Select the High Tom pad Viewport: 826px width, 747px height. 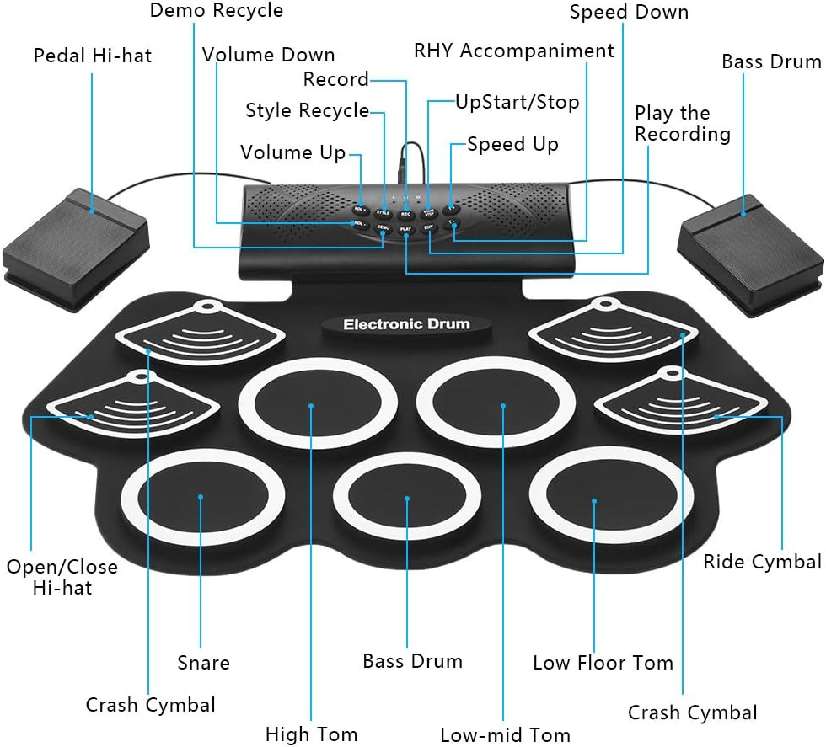click(x=311, y=406)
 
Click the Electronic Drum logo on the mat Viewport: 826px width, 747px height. click(x=406, y=325)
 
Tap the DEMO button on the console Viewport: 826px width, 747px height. click(x=383, y=227)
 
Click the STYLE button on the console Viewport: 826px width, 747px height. click(x=383, y=212)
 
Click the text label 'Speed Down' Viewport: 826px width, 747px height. click(x=629, y=12)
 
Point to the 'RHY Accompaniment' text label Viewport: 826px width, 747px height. click(x=514, y=51)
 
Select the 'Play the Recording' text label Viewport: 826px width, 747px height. click(x=682, y=124)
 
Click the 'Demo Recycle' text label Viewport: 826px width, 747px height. click(x=217, y=11)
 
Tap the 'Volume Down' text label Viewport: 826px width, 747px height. click(x=268, y=56)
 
